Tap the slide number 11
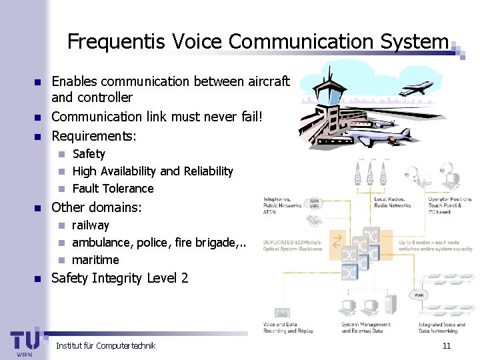pyautogui.click(x=447, y=345)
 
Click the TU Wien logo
pyautogui.click(x=25, y=341)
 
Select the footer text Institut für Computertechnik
pyautogui.click(x=105, y=345)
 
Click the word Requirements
pyautogui.click(x=93, y=136)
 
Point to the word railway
pyautogui.click(x=90, y=225)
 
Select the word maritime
pyautogui.click(x=95, y=260)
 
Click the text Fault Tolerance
pyautogui.click(x=113, y=189)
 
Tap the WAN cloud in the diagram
pyautogui.click(x=418, y=294)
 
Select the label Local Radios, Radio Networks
pyautogui.click(x=393, y=203)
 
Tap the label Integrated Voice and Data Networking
pyautogui.click(x=442, y=328)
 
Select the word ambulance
pyautogui.click(x=100, y=243)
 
